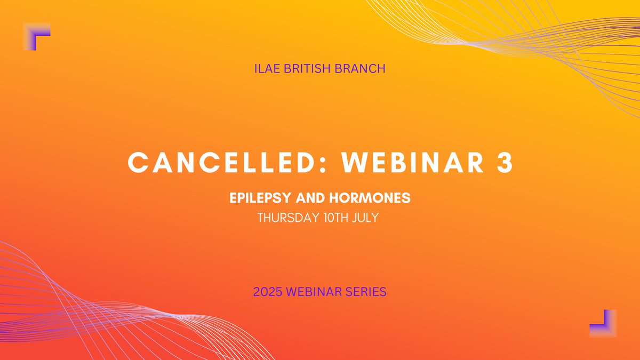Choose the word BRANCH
pyautogui.click(x=363, y=69)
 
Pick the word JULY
pyautogui.click(x=367, y=218)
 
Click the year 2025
pyautogui.click(x=270, y=292)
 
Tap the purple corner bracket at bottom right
pyautogui.click(x=603, y=324)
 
